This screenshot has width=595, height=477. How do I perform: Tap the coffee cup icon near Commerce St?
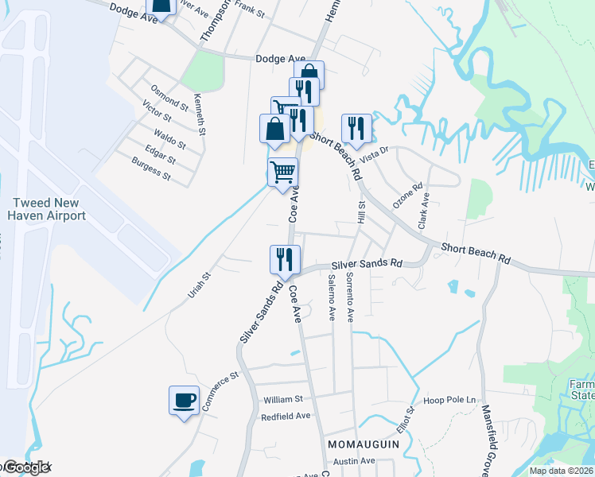[184, 400]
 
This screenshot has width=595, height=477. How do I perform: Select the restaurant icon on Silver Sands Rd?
[283, 258]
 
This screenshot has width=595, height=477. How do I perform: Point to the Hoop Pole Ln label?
[449, 400]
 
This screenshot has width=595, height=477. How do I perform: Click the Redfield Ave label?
[285, 416]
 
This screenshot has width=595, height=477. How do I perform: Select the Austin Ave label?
[353, 461]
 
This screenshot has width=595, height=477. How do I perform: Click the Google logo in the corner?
[25, 468]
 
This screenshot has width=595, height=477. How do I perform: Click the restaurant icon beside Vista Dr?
[356, 127]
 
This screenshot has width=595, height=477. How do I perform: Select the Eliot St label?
[411, 422]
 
